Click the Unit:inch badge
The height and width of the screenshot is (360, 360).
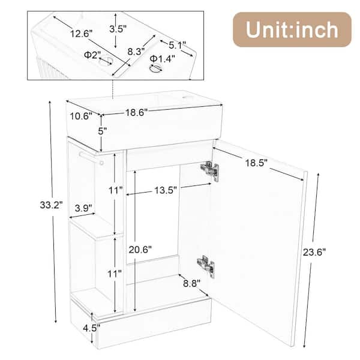coord(292,29)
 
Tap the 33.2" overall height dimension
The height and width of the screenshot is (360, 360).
coord(51,205)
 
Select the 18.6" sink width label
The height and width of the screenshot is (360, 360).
coord(136,113)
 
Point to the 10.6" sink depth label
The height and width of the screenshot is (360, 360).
coord(81,116)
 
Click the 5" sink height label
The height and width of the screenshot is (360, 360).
coord(103,131)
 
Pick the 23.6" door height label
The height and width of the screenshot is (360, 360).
coord(314,253)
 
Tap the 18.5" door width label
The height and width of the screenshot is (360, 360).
coord(256,163)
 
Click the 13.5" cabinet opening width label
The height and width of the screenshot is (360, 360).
coord(166,190)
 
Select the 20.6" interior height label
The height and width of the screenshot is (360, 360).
coord(140,250)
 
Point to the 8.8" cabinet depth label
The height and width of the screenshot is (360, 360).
coord(192,284)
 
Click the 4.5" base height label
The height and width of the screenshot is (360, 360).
coord(92,328)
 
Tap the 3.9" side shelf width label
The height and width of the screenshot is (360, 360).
coord(83,208)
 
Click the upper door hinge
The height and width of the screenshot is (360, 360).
coord(209,170)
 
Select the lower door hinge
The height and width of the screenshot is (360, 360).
coord(206,266)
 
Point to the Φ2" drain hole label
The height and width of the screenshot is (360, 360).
coord(92,55)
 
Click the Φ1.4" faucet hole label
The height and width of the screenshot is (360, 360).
coord(163,59)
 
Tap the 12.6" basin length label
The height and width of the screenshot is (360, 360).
coord(81,34)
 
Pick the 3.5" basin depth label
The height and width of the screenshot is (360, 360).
coord(118,29)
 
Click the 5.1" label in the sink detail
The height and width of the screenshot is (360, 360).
coord(178,45)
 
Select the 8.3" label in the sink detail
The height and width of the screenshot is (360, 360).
coord(136,51)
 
